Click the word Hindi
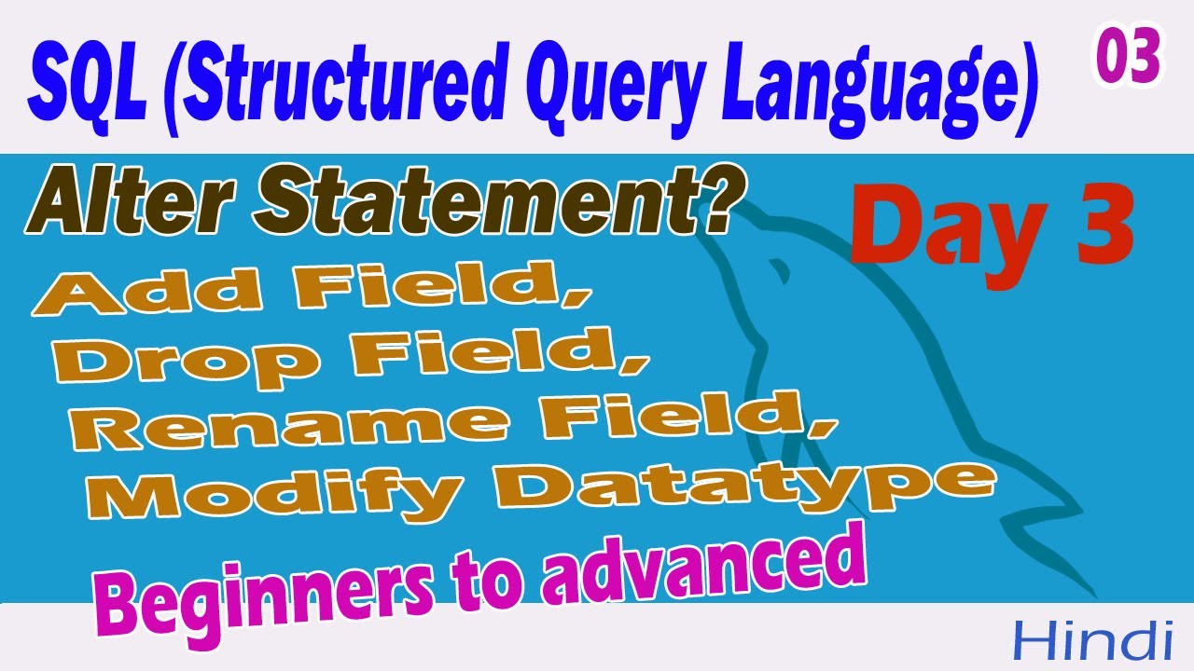tap(1092, 641)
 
